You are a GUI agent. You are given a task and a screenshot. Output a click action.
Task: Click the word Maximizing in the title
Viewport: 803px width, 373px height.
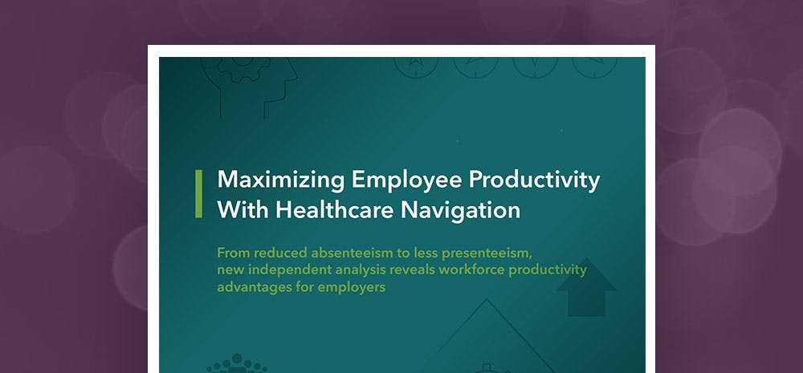(280, 180)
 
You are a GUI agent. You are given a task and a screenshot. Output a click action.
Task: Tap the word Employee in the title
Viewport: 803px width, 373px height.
(406, 181)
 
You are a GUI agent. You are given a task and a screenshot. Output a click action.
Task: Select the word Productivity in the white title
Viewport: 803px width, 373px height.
(534, 181)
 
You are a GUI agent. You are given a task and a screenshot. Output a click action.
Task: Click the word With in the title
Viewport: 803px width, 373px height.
(243, 210)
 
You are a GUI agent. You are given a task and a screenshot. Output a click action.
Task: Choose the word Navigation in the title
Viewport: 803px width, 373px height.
(460, 211)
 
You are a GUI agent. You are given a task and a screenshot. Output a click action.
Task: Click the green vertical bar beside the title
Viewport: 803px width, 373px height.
(198, 194)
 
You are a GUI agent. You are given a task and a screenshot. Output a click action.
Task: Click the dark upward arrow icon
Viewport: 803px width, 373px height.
(586, 287)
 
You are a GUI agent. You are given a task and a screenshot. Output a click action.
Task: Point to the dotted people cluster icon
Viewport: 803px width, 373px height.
(237, 364)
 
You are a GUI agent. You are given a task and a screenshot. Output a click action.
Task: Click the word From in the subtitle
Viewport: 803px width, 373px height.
(233, 253)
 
